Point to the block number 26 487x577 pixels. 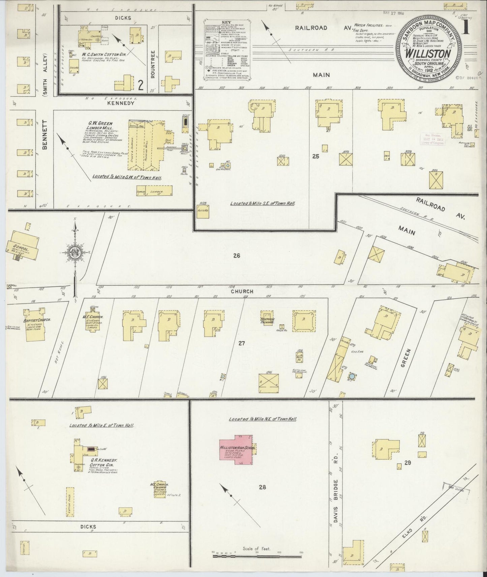tap(237, 256)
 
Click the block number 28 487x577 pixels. tap(263, 487)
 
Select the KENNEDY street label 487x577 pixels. tap(121, 103)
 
